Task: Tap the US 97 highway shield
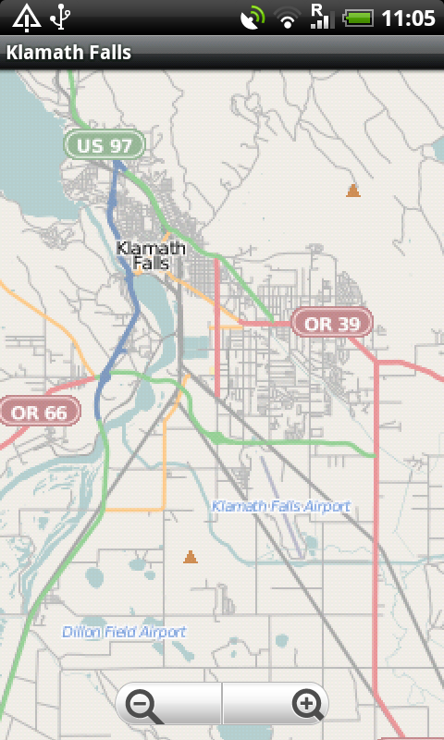coord(105,145)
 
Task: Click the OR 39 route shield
coord(331,323)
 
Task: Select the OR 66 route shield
coord(39,412)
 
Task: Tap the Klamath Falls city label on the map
coord(151,255)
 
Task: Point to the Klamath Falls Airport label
coord(281,506)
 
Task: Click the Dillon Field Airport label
coord(124,632)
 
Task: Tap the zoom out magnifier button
coord(145,706)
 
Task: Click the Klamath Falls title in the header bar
coord(68,53)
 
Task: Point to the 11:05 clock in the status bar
coord(408,18)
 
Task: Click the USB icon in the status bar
coord(61,17)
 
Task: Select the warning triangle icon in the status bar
coord(26,17)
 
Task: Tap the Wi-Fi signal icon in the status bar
coord(288,18)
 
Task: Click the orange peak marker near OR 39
coord(352,191)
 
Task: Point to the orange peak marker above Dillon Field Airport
coord(190,557)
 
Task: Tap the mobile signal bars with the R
coord(321,17)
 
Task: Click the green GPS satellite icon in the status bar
coord(252,18)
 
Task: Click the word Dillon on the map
coord(81,632)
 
